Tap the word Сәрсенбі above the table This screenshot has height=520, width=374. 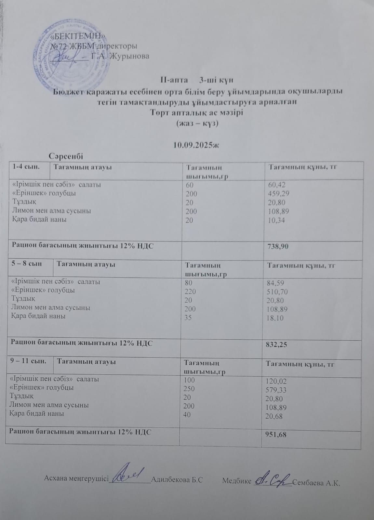[66, 156]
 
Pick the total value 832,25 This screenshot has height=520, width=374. [276, 345]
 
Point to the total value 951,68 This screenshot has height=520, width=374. [276, 435]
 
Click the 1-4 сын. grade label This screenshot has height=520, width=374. [26, 167]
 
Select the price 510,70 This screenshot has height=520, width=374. [277, 292]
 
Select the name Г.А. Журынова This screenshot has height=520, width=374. [120, 56]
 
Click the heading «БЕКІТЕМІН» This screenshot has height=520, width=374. [78, 36]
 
